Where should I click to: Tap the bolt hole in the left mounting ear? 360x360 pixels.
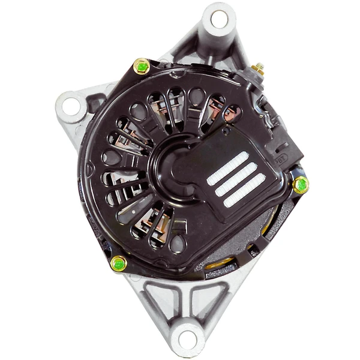click(x=70, y=108)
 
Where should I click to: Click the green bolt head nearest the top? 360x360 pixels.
click(x=142, y=66)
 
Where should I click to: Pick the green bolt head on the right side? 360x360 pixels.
click(x=301, y=184)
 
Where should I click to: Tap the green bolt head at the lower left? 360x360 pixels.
click(x=119, y=263)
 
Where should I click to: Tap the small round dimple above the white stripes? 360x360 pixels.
click(x=224, y=130)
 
